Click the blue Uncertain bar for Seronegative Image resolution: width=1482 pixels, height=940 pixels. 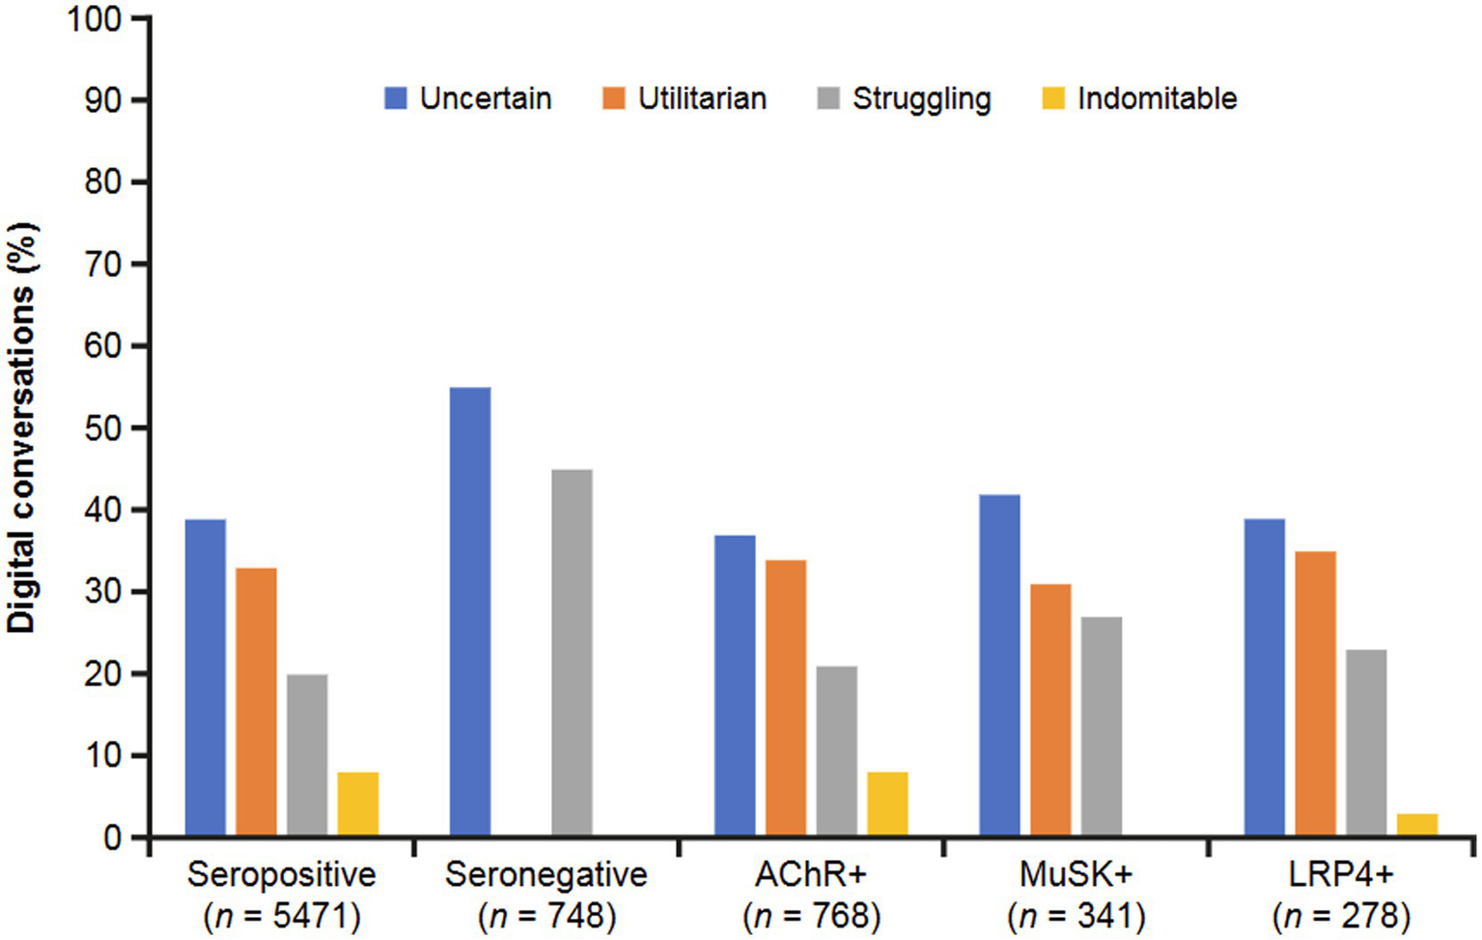pos(470,611)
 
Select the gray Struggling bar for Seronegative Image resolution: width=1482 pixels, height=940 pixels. pos(572,652)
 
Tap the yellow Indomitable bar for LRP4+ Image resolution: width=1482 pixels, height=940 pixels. pos(1416,824)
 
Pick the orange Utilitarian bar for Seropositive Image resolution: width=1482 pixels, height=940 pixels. pos(256,702)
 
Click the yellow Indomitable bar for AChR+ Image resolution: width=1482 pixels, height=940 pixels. pos(887,804)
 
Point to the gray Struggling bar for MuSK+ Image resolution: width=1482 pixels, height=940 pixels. pos(1102,726)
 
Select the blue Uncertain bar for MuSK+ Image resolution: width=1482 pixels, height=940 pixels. pos(999,665)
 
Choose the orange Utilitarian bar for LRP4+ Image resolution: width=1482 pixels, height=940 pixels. pos(1315,693)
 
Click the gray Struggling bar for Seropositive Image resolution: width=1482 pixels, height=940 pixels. pos(307,755)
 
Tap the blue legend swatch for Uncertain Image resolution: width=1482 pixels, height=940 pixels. pos(396,98)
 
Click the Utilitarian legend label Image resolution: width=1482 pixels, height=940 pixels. pos(702,98)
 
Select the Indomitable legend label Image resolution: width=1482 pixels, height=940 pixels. pos(1157,98)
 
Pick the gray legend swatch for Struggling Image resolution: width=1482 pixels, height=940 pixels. pos(828,98)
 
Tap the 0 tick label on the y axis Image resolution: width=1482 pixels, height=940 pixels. pos(112,838)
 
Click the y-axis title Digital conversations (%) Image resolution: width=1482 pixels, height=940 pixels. pos(21,428)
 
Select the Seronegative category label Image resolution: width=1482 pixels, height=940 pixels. pos(546,874)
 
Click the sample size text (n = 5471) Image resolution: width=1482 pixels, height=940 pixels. pos(282,916)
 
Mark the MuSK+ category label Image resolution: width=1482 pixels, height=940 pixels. pos(1076,874)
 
